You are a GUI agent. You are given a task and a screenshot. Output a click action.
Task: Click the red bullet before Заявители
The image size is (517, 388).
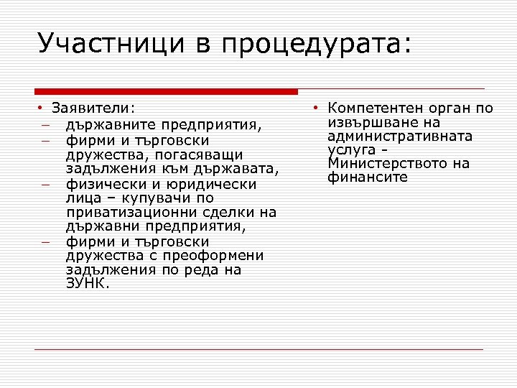(x=42, y=108)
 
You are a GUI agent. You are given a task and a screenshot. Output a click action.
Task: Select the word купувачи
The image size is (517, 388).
(x=154, y=198)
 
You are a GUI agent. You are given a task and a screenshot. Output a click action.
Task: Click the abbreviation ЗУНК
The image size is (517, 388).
(x=87, y=283)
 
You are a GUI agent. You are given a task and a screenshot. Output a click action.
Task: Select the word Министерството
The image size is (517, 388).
(x=388, y=163)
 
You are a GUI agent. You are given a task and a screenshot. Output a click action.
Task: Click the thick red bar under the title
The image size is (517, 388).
(x=166, y=91)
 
